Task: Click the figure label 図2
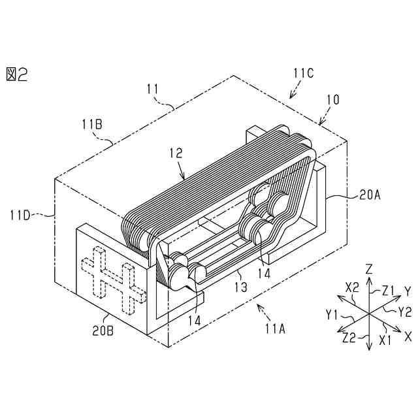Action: tap(17, 73)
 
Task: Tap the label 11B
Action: tap(91, 123)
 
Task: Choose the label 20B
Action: tap(102, 330)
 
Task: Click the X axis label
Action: tap(408, 337)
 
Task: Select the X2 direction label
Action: tap(353, 287)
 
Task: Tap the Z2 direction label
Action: tap(350, 338)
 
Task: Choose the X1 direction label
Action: tap(385, 340)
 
